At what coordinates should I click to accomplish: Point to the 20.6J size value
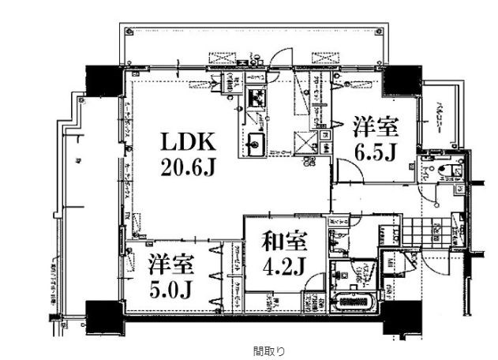pyautogui.click(x=189, y=167)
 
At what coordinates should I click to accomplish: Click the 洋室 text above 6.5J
pyautogui.click(x=375, y=126)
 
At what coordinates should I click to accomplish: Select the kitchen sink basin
pyautogui.click(x=256, y=144)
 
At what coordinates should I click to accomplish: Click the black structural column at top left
pyautogui.click(x=101, y=77)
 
